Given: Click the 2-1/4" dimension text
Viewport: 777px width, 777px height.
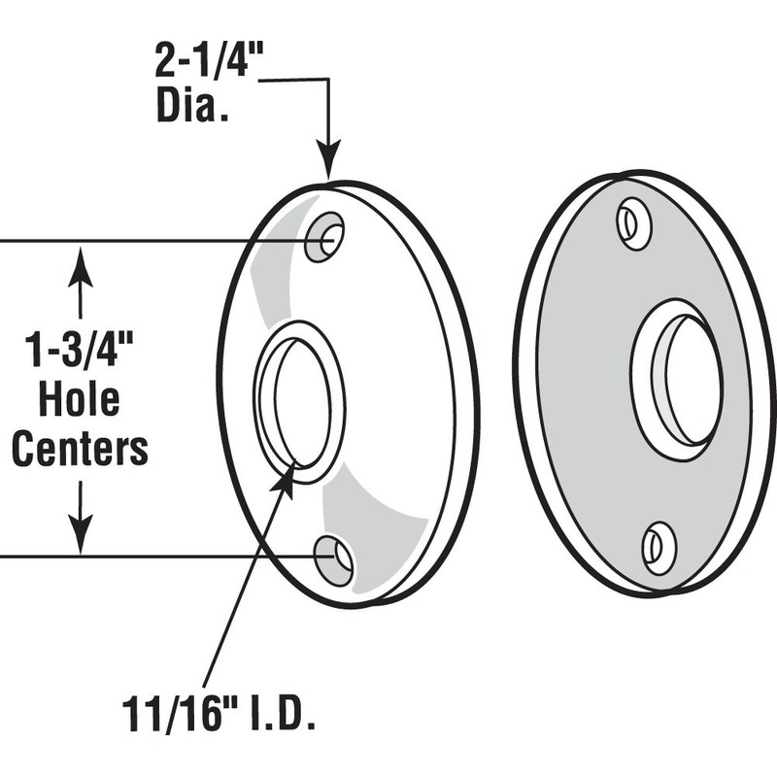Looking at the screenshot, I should [209, 65].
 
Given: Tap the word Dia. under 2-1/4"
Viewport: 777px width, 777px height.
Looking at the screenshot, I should [192, 106].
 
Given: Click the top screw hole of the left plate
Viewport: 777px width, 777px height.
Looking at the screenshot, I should [324, 236].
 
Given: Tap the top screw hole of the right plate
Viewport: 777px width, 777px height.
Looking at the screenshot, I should [634, 223].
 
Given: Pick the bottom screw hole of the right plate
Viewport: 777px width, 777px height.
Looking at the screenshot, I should [659, 547].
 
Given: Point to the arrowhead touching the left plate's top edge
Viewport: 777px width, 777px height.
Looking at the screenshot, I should [330, 167].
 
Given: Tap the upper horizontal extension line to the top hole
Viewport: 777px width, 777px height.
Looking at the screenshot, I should [146, 240].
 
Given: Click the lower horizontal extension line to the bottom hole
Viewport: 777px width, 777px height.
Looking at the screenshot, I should [146, 557].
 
